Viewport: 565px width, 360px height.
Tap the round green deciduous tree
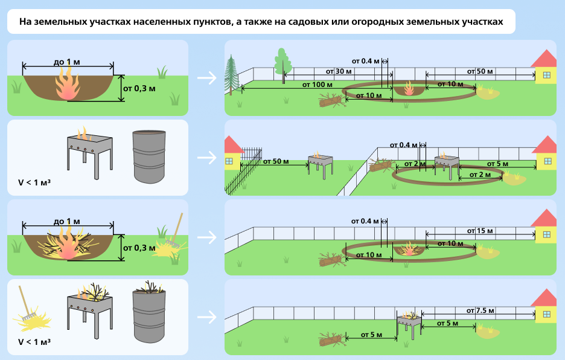pos(282,61)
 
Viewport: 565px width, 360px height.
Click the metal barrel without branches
pos(148,156)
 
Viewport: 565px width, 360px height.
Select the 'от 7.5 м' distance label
pos(480,310)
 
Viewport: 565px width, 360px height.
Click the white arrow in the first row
pos(206,77)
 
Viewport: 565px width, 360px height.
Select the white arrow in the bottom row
pos(206,317)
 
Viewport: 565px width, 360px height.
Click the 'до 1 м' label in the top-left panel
pos(67,62)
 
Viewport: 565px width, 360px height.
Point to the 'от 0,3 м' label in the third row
pos(139,248)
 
